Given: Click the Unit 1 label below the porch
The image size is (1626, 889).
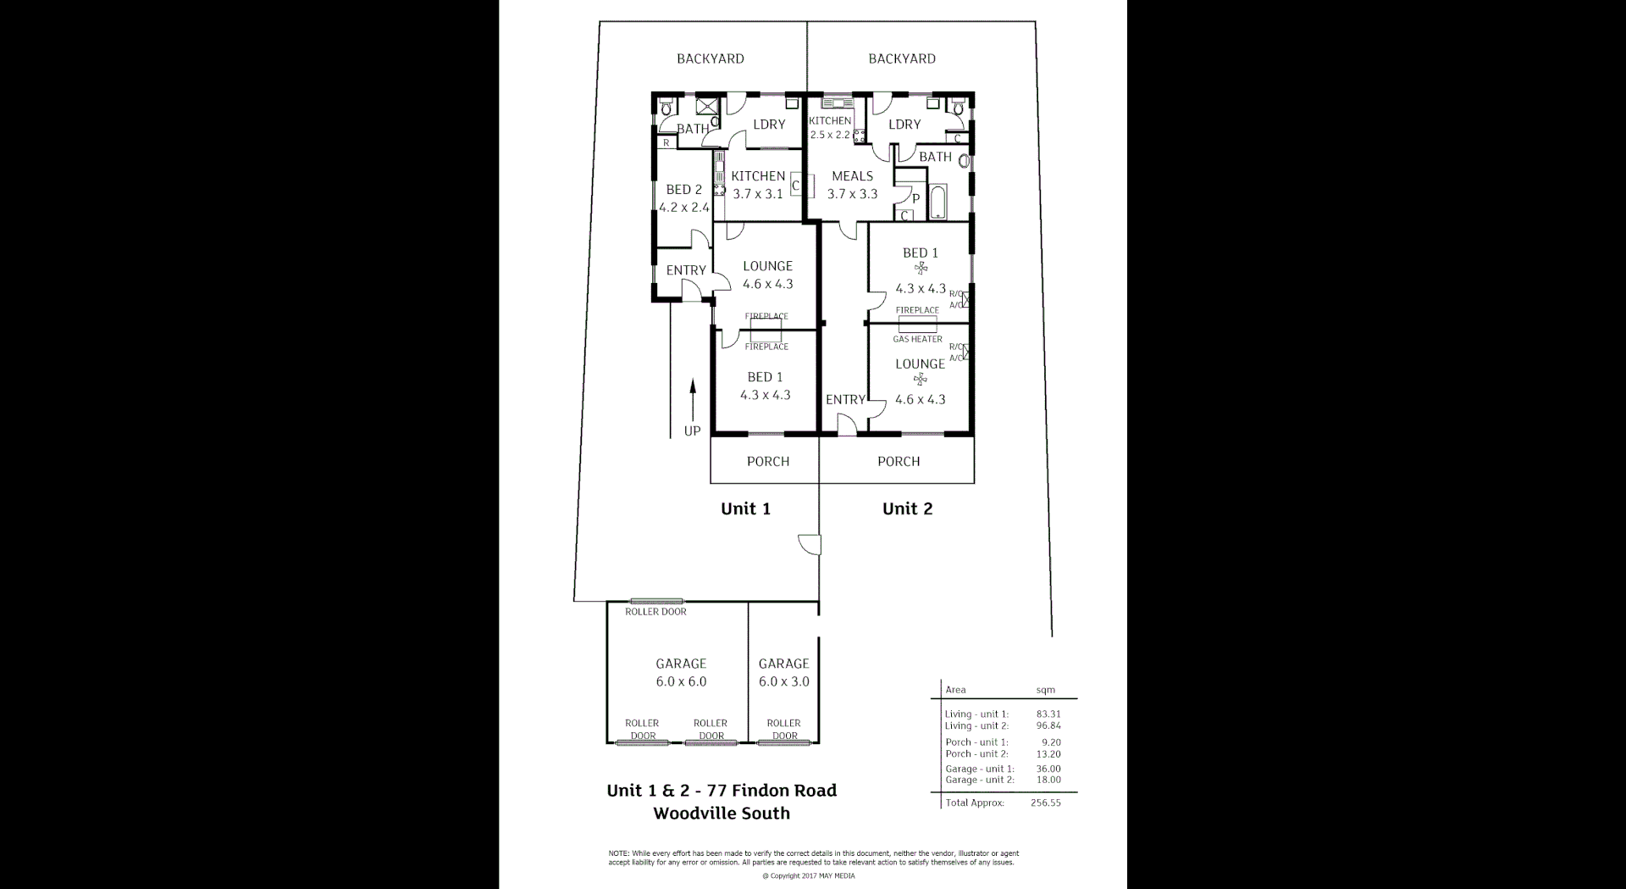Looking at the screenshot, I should pos(745,508).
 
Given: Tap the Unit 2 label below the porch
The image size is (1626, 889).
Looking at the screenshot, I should pos(907,508).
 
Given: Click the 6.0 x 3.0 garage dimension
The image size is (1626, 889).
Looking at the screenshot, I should pos(783,681).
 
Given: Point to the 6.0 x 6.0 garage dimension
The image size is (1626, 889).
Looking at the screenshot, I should pos(681,681).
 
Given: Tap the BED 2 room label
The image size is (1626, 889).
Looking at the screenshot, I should pos(683,190).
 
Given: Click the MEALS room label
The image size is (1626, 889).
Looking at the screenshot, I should pos(852,176).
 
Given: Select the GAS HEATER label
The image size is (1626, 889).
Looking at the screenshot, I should pos(917,339).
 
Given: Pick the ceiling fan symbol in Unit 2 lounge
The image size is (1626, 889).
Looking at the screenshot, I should pos(921,380).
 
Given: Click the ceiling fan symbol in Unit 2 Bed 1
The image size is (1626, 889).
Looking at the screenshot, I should pos(921,268).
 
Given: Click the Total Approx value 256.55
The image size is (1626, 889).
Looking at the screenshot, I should pos(1045,803).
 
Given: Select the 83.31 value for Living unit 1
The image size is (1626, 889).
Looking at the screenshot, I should pos(1048,714).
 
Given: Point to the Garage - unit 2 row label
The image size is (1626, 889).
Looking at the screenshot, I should pos(979,780).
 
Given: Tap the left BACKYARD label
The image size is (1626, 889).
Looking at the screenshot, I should pos(710,58).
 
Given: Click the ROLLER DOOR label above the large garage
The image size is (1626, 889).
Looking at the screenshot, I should pos(655,612).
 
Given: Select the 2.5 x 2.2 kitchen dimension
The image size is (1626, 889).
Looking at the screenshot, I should pos(829,135).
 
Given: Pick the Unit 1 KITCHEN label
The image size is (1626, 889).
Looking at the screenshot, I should pos(758,176).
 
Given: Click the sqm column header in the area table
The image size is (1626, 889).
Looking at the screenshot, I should pos(1045,690).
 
